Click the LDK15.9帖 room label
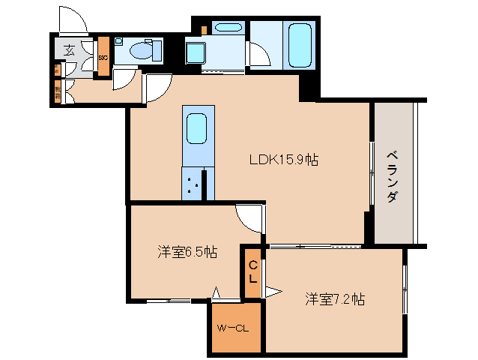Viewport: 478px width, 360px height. pyautogui.click(x=284, y=160)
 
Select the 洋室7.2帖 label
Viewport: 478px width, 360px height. pyautogui.click(x=335, y=299)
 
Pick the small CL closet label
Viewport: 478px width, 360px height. pyautogui.click(x=252, y=271)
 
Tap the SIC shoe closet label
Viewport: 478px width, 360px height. pyautogui.click(x=103, y=57)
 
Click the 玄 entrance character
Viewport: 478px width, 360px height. pyautogui.click(x=69, y=50)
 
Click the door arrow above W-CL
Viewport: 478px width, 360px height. pyautogui.click(x=216, y=293)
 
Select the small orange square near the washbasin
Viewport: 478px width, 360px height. pyautogui.click(x=204, y=29)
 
